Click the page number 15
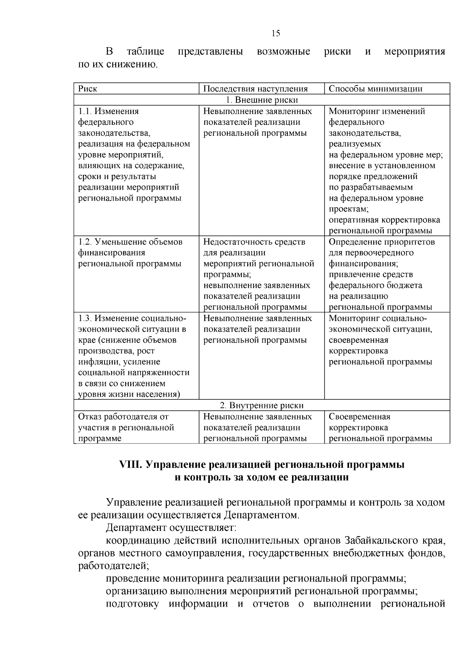click(x=275, y=34)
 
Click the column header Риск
click(x=88, y=89)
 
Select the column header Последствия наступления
click(x=255, y=89)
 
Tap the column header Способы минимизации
click(x=376, y=89)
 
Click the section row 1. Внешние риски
click(x=262, y=100)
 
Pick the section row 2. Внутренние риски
click(x=262, y=406)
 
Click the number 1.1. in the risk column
click(x=85, y=112)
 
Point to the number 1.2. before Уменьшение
click(x=85, y=242)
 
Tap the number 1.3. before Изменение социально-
click(x=85, y=318)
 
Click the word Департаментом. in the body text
click(x=262, y=515)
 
